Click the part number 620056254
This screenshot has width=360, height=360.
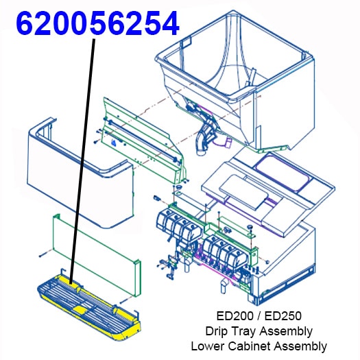[97, 23]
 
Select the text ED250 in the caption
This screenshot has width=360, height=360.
[283, 316]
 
